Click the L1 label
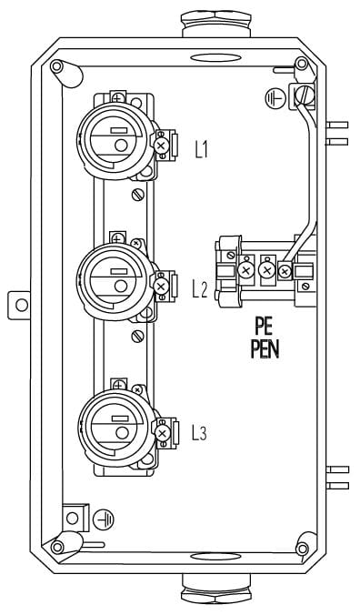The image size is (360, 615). click(201, 149)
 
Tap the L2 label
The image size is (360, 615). click(200, 289)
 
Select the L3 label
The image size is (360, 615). click(199, 433)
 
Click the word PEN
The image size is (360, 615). click(265, 350)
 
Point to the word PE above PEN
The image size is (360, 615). click(264, 326)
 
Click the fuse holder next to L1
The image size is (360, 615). click(115, 141)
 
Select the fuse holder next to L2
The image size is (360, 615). click(115, 282)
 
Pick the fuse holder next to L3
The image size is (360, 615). click(116, 428)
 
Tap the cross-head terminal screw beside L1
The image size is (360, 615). click(161, 146)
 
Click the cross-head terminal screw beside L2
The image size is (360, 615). click(160, 287)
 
